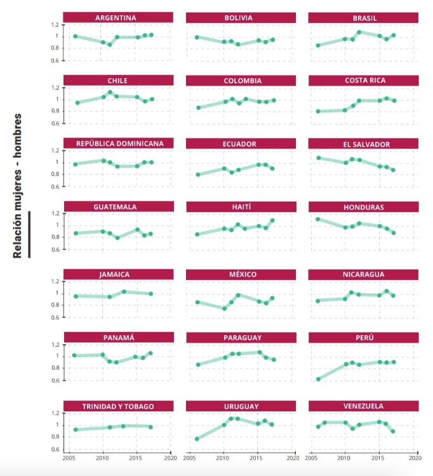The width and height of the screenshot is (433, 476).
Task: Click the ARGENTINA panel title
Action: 118,17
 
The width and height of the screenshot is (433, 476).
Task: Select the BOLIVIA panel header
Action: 239,17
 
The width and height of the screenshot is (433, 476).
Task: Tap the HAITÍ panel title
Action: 239,207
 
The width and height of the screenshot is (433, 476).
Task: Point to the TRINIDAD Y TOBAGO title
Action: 118,406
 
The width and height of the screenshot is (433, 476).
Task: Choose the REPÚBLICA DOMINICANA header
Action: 118,143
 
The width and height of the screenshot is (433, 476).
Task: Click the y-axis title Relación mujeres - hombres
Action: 18,186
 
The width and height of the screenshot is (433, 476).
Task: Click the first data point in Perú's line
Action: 318,379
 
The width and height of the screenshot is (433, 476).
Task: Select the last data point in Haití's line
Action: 272,220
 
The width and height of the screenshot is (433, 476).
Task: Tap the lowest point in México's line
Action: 224,308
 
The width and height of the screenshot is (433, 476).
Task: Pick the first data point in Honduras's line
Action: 318,219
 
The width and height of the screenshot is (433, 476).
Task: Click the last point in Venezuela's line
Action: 393,432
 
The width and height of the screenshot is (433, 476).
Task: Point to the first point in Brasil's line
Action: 318,45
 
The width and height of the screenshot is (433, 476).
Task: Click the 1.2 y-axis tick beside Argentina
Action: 55,25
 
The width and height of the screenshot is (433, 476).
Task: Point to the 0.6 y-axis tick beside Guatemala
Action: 55,249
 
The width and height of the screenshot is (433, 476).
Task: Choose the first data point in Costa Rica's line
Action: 318,111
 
